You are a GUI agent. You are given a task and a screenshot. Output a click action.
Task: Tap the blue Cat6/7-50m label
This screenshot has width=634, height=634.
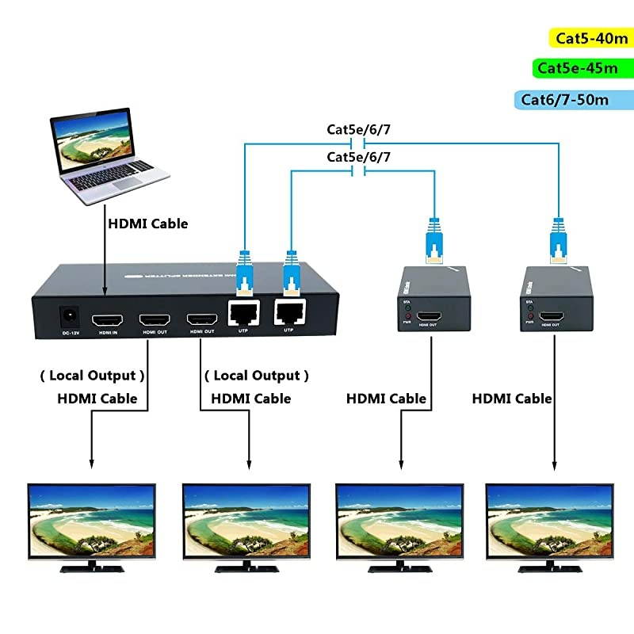click(565, 100)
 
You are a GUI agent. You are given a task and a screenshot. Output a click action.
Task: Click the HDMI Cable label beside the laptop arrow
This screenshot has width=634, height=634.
click(148, 223)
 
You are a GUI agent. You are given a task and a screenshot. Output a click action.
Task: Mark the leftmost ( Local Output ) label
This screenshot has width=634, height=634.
click(93, 375)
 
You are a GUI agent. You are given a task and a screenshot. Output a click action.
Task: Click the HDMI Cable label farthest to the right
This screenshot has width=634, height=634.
click(512, 399)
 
